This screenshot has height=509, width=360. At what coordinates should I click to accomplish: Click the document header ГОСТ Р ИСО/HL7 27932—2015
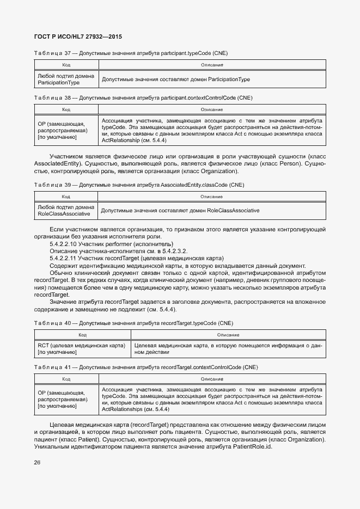pyautogui.click(x=78, y=36)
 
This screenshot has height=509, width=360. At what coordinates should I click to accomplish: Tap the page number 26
pyautogui.click(x=37, y=463)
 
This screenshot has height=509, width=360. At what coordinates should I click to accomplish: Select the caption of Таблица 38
pyautogui.click(x=143, y=97)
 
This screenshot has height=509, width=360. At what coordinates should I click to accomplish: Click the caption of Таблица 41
pyautogui.click(x=145, y=367)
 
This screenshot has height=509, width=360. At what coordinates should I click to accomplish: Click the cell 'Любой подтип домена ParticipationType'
pyautogui.click(x=66, y=79)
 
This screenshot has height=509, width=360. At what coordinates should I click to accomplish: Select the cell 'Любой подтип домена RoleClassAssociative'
pyautogui.click(x=66, y=210)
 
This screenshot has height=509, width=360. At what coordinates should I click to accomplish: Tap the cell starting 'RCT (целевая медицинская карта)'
pyautogui.click(x=82, y=349)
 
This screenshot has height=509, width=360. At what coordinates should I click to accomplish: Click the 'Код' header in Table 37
pyautogui.click(x=66, y=65)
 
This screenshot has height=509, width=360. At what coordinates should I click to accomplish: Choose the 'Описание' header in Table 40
pyautogui.click(x=228, y=335)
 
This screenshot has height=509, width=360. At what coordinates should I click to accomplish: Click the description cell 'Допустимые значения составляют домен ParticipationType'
pyautogui.click(x=176, y=79)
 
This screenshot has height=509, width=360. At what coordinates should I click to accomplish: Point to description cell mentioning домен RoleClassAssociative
pyautogui.click(x=180, y=210)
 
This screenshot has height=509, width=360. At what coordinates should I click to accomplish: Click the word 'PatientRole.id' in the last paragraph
pyautogui.click(x=252, y=446)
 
